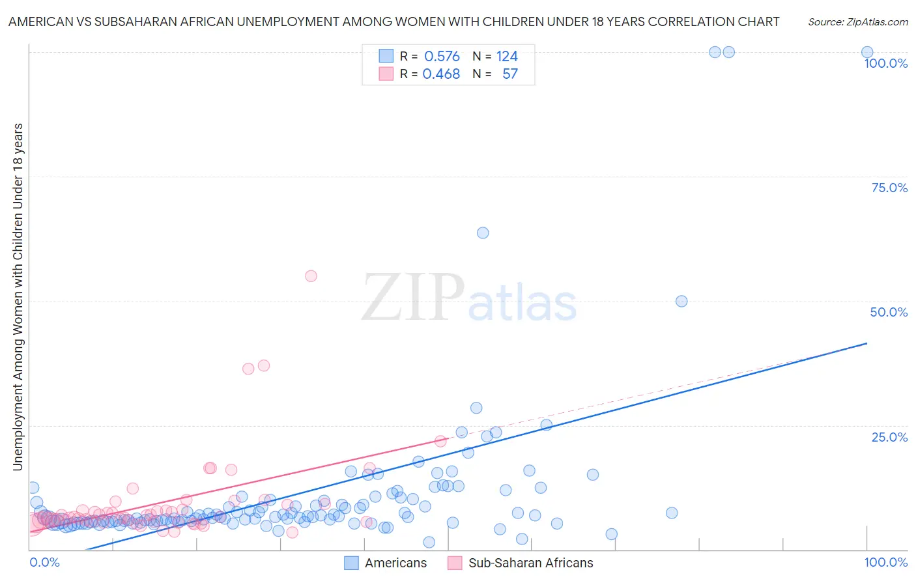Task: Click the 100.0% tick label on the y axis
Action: point(885,63)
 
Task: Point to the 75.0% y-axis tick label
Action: point(889,188)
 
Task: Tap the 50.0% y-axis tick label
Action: point(889,312)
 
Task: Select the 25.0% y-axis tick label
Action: point(889,437)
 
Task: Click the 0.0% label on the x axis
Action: point(44,562)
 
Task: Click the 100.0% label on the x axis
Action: point(885,562)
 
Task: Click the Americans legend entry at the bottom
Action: point(395,563)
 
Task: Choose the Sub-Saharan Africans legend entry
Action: point(530,563)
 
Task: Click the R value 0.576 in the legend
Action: point(442,57)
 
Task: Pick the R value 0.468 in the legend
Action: point(441,74)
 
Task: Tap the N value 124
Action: point(507,57)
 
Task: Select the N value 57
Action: point(510,74)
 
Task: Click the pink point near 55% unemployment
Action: point(311,276)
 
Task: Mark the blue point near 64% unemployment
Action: point(483,233)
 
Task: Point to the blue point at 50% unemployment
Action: point(681,302)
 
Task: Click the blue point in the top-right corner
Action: point(867,52)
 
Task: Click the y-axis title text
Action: point(18,296)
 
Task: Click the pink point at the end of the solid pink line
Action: point(440,441)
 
